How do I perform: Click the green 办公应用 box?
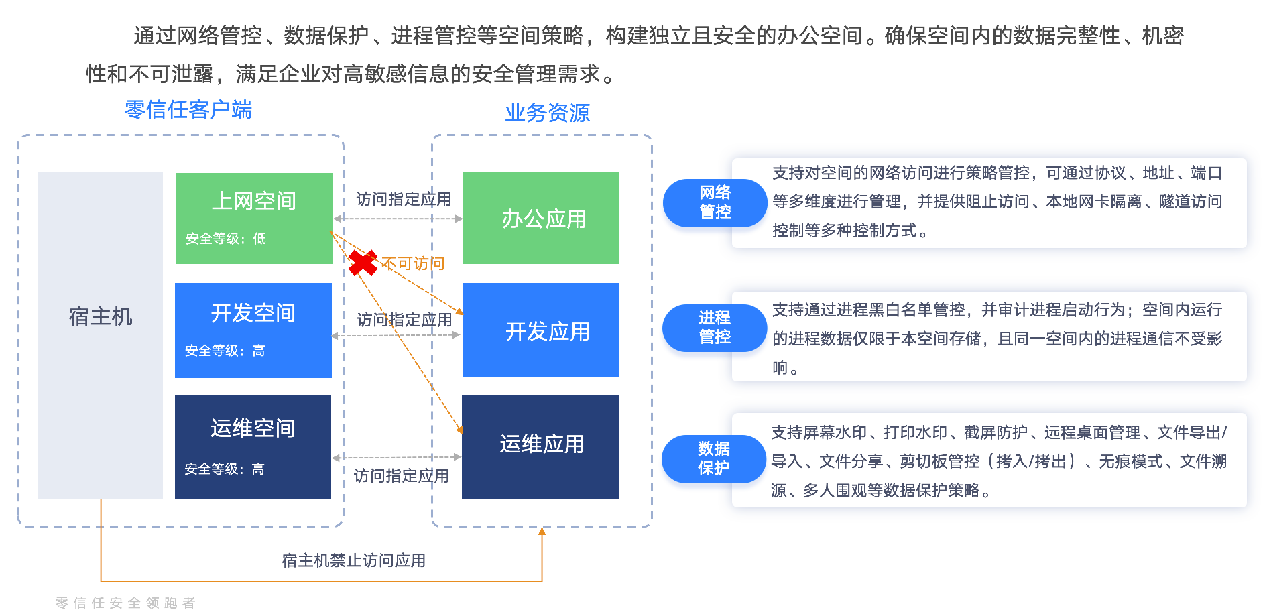click(541, 218)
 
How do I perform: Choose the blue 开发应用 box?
click(541, 330)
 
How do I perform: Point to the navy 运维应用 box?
click(540, 446)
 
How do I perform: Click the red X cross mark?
click(363, 263)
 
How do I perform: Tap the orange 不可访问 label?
click(413, 263)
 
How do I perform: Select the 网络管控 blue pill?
click(715, 202)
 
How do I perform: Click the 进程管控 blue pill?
click(715, 327)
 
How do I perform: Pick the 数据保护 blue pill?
click(713, 458)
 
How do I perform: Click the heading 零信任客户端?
click(188, 110)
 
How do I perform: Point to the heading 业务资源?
click(547, 113)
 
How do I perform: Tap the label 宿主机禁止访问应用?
click(353, 560)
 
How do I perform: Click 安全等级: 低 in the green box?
click(226, 239)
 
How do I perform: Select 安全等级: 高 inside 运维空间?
click(225, 469)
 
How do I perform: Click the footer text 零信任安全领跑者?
click(125, 603)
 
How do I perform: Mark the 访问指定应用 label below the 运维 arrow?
click(401, 476)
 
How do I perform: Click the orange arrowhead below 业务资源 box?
click(542, 532)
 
